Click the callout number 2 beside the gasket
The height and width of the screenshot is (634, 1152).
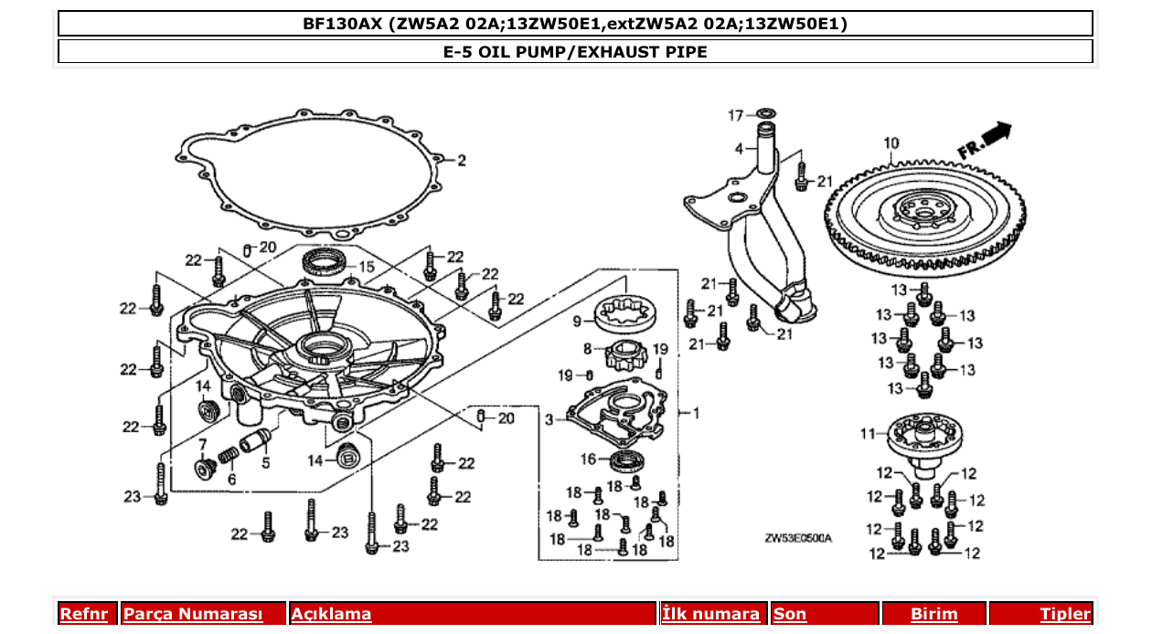coord(462,161)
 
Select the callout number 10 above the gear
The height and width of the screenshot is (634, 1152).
coord(891,143)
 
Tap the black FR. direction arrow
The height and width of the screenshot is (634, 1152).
coord(998,132)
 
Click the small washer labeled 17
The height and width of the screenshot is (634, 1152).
coord(766,114)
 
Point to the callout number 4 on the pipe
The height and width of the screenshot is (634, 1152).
coord(738,148)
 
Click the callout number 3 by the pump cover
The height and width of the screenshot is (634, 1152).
coord(549,420)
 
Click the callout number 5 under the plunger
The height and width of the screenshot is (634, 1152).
coord(265,462)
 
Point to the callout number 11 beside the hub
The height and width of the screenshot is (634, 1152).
coord(868,433)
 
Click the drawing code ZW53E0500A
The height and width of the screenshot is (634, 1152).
coord(798,538)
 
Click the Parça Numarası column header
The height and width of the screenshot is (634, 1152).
coord(193,614)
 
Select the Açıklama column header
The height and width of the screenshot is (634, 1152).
coord(331,614)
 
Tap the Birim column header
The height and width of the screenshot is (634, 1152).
coord(933,614)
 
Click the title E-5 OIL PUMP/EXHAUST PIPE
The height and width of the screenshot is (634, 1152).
coord(575,52)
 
